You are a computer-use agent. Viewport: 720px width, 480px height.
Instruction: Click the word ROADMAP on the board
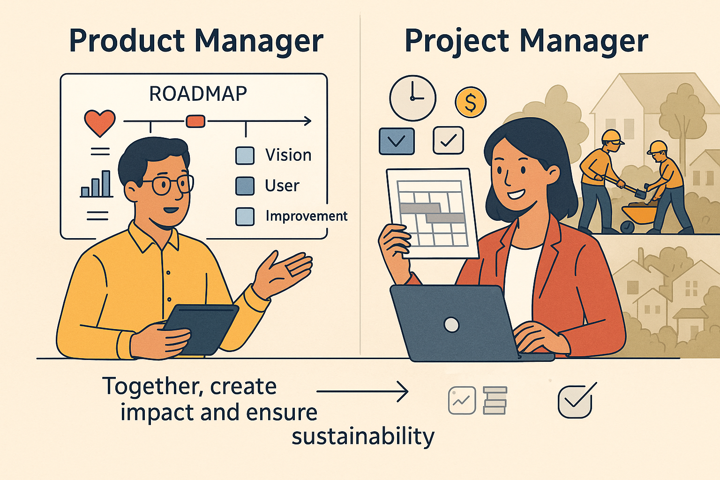(x=198, y=94)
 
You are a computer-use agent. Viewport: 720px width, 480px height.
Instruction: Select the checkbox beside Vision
(x=245, y=156)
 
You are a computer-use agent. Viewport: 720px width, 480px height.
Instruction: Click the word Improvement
(x=306, y=216)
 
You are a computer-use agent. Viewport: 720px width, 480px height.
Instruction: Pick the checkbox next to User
(x=245, y=186)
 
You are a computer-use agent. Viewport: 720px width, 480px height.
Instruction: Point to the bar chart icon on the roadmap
(x=97, y=184)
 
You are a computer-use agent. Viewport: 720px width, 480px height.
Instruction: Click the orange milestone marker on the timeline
(x=195, y=121)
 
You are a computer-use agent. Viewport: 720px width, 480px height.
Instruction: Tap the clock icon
(x=412, y=98)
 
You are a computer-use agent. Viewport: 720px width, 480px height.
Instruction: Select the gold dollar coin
(x=471, y=102)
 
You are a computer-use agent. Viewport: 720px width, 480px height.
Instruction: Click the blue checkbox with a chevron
(x=397, y=141)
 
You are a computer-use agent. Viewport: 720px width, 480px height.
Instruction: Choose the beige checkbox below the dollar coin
(x=449, y=141)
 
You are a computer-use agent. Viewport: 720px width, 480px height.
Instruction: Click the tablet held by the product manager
(x=202, y=329)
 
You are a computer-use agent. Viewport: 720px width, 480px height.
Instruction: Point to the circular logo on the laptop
(x=451, y=325)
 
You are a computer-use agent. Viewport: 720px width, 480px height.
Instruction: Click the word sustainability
(x=363, y=436)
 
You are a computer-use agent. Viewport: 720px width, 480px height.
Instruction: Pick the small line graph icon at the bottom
(x=462, y=400)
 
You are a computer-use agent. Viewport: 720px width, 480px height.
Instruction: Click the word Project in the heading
(x=457, y=41)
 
